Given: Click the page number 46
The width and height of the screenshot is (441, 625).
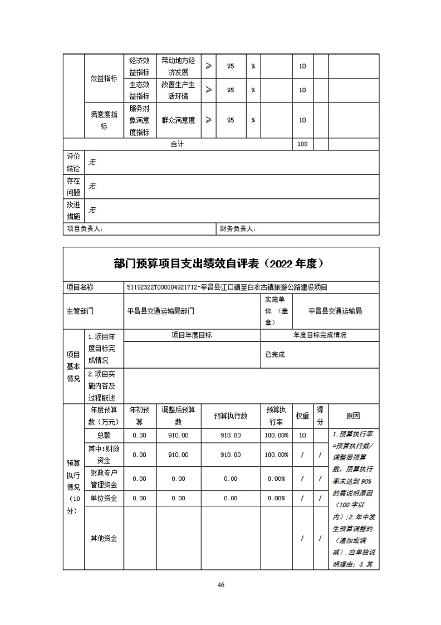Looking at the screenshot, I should (220, 584).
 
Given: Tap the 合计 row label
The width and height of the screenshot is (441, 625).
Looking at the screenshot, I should (177, 144).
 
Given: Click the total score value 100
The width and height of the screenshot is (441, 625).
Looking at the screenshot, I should (302, 144).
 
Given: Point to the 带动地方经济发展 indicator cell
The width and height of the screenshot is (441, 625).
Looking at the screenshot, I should (178, 66).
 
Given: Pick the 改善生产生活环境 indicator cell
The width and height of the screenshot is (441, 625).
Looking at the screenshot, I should (178, 90).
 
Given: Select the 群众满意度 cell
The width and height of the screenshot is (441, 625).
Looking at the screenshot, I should (178, 120).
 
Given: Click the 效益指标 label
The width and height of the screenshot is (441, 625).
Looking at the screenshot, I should (104, 79).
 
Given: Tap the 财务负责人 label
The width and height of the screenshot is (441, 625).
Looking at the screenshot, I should (237, 228).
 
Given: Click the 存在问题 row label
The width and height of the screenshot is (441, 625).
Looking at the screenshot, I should (73, 187).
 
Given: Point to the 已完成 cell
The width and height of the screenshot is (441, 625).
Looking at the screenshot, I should (275, 354).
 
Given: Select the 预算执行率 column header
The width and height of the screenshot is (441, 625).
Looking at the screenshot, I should (277, 416).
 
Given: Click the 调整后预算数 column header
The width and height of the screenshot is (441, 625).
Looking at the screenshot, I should (178, 416).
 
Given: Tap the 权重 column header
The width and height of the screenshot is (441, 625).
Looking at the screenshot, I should (302, 416).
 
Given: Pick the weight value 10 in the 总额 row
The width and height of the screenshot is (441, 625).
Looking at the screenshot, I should (302, 435).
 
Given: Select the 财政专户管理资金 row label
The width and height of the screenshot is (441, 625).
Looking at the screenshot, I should (104, 478).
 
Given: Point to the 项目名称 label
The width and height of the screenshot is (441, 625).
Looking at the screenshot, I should (80, 287).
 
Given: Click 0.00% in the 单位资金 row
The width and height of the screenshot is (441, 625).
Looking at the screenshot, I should (277, 498).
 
